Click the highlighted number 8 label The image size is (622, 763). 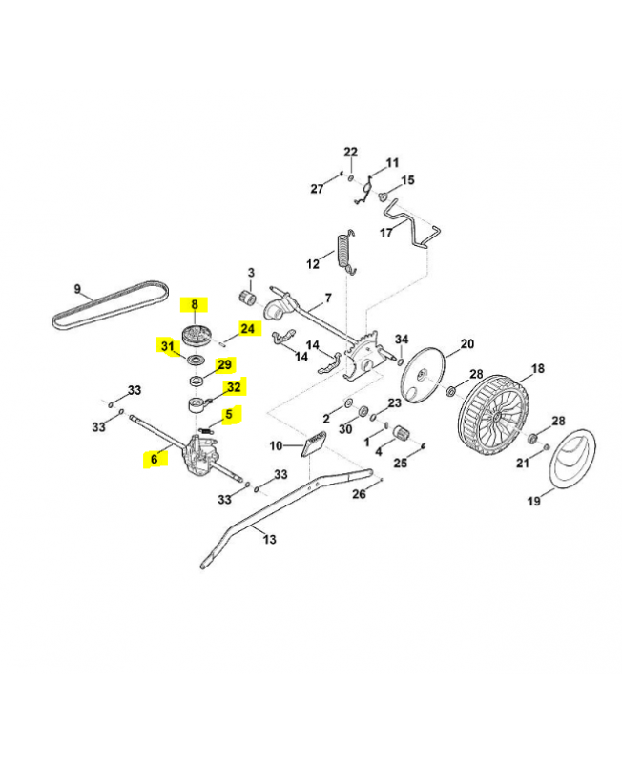pos(195,305)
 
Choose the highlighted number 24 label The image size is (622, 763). pos(248,329)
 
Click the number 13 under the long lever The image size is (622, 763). pos(269,540)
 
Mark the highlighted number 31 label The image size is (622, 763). pos(168,346)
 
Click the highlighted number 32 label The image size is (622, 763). pos(233,386)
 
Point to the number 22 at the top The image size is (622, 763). pos(350,153)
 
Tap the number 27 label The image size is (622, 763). pos(317,189)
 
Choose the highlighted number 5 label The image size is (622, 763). pos(228,414)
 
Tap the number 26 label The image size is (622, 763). pos(359,494)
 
